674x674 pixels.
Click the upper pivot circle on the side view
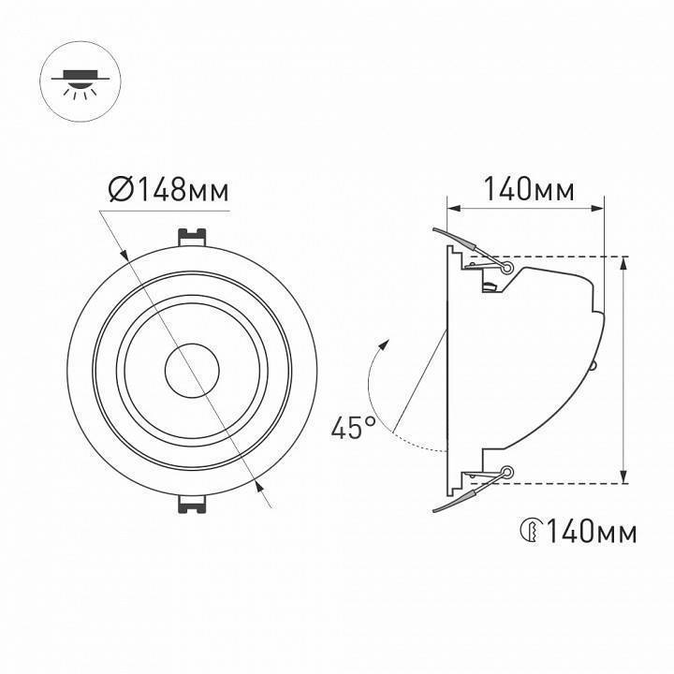click(507, 268)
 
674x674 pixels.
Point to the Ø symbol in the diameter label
click(119, 191)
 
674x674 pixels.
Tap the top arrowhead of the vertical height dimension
click(624, 261)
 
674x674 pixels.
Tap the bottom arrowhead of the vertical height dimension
click(624, 478)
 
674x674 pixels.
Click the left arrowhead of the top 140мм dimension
click(452, 207)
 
